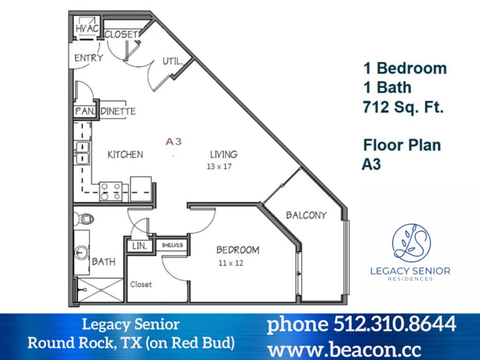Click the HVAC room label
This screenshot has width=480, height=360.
pos(87,29)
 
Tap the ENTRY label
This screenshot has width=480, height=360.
pos(88,58)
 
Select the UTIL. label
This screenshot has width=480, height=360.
pos(172,61)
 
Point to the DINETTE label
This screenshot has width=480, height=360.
pos(118,112)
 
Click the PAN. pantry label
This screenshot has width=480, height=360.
pos(84,112)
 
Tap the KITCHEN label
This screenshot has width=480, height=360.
pos(125,154)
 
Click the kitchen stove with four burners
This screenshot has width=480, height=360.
pos(111,191)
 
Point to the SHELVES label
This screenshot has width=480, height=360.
pos(172,245)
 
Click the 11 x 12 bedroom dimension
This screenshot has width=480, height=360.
pos(231,263)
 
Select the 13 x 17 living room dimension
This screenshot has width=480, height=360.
pos(219,166)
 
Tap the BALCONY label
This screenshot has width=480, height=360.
pos(306,215)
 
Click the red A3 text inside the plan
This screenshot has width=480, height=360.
pos(174,142)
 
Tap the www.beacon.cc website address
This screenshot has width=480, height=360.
pos(344,349)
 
